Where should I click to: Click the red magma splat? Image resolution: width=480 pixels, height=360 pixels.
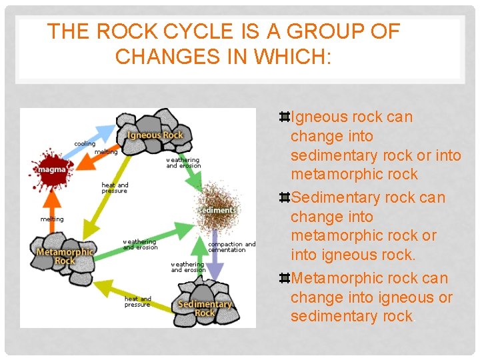click(50, 169)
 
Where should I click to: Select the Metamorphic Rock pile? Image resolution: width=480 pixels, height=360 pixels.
click(65, 251)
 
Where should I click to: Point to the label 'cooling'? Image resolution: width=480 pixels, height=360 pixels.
click(85, 144)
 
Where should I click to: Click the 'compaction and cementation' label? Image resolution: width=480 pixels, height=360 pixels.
click(231, 247)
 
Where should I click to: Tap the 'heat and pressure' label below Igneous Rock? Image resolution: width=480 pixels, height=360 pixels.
click(115, 187)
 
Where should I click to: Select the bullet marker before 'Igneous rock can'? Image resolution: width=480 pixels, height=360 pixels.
click(284, 117)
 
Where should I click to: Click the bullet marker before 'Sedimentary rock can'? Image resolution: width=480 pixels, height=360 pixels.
click(284, 198)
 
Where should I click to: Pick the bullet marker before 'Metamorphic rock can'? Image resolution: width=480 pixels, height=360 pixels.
click(284, 278)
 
